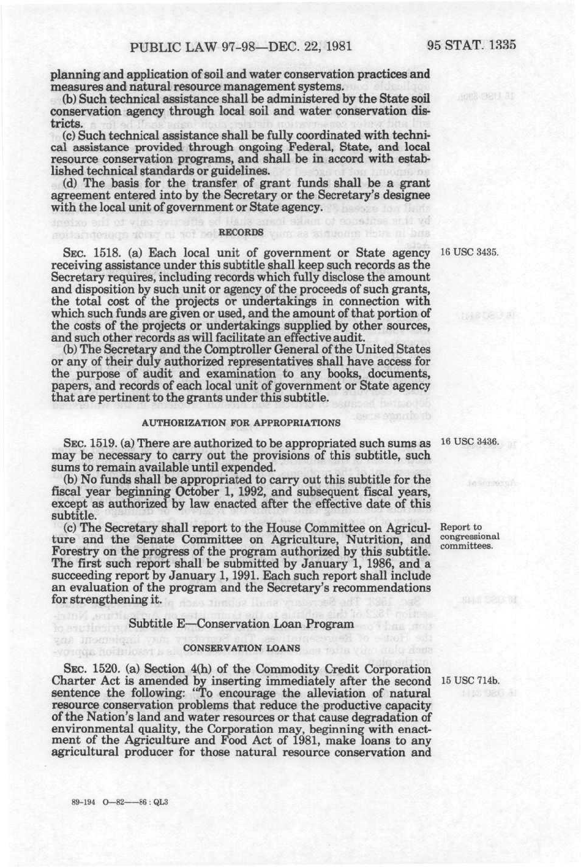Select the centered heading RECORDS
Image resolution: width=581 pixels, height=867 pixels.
tap(241, 232)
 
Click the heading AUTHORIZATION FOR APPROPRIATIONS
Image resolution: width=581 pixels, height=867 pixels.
tap(241, 423)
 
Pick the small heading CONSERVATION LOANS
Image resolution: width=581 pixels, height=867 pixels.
tap(241, 647)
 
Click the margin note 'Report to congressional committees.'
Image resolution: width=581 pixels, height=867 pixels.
tap(470, 536)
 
